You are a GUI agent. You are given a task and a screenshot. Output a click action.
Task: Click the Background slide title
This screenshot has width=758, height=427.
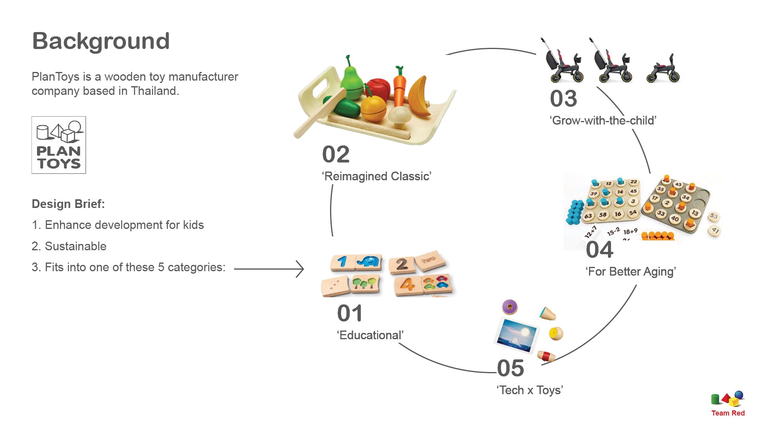(101, 41)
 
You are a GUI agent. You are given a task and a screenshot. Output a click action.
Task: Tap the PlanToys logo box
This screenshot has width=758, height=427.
(59, 145)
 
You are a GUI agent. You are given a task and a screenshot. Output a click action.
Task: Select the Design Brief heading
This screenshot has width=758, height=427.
(68, 204)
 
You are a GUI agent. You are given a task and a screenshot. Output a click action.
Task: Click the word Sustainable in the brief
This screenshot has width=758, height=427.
(75, 246)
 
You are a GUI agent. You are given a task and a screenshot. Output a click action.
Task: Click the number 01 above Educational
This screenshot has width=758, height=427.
(350, 314)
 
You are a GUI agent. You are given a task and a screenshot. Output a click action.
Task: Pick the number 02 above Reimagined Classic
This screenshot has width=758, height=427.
(336, 154)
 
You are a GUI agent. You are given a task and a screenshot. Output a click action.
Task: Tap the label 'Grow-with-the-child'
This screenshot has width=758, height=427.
(603, 121)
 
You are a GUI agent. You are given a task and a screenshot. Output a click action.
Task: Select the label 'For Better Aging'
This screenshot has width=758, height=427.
(631, 272)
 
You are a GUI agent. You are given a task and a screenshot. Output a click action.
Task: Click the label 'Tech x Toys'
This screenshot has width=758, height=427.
(530, 390)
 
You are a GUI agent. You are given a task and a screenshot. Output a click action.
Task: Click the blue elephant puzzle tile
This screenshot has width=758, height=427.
(369, 262)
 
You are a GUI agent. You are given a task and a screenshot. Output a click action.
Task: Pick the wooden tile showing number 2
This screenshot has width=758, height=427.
(402, 264)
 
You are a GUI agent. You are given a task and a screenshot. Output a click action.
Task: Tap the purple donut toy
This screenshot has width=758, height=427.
(510, 307)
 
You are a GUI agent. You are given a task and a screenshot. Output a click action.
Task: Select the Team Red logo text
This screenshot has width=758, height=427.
(728, 413)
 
